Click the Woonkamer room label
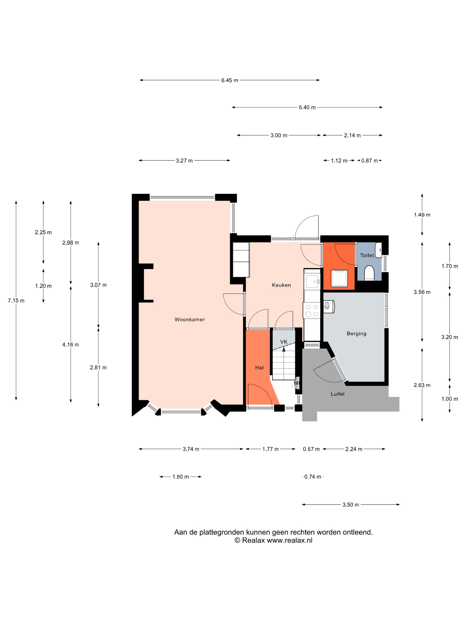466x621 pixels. [x=190, y=320]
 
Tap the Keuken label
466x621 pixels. [x=281, y=285]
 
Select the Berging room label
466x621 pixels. [x=356, y=334]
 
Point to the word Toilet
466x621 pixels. [x=367, y=255]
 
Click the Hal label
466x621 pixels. [x=259, y=367]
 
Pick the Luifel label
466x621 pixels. [x=337, y=394]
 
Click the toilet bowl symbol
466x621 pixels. [x=369, y=273]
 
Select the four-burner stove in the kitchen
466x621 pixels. [x=312, y=310]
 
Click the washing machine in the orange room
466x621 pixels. [x=339, y=278]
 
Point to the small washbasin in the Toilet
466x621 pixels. [x=379, y=250]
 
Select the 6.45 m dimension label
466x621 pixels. [x=229, y=80]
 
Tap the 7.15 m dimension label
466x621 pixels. [x=16, y=301]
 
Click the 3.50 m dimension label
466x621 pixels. [x=351, y=505]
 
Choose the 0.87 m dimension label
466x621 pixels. [x=369, y=161]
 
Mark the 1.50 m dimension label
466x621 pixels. [x=181, y=477]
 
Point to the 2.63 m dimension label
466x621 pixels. [x=422, y=385]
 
